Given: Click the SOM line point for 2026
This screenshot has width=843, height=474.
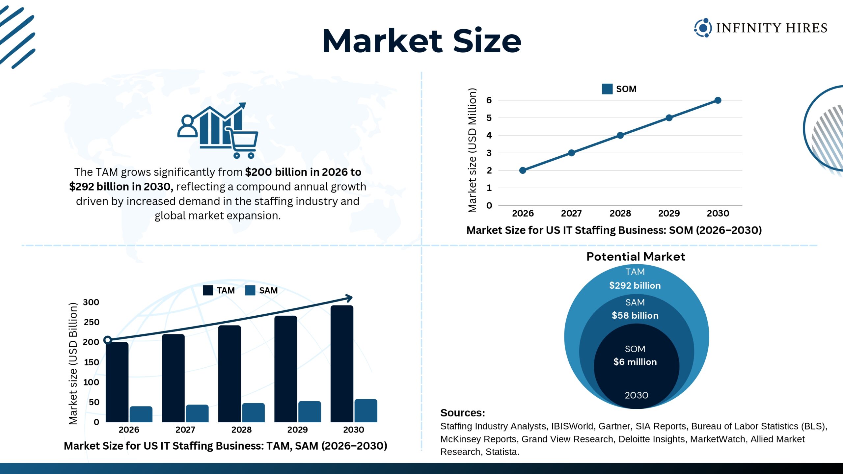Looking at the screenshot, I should coord(523,170).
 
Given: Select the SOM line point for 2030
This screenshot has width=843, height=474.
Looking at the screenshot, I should coord(718,100).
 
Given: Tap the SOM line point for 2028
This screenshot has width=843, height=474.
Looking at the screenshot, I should coord(620,135).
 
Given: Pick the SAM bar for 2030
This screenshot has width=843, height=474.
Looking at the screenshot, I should coord(366,410).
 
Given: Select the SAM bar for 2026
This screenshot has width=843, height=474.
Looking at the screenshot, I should coord(141,414).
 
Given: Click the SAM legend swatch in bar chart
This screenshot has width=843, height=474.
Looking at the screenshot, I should coord(250,290).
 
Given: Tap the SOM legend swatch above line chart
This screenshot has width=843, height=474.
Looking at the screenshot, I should coord(607,89).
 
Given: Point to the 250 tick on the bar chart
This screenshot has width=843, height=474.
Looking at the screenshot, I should coord(91,322).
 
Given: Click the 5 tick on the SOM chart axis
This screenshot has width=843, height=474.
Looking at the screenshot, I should coord(489,118).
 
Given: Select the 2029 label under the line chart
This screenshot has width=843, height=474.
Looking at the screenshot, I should coord(669,213).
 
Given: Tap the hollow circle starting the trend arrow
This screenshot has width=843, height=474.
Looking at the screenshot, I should coord(107,340).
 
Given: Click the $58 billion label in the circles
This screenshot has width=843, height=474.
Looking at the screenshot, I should coord(635,315).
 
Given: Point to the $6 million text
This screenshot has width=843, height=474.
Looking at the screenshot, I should coord(635,362).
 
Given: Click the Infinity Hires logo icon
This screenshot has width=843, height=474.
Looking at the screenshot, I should coord(702,28).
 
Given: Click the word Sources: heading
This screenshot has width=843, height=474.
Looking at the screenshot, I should coord(462,413).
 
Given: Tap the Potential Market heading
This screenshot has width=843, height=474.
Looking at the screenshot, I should coord(636,256).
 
